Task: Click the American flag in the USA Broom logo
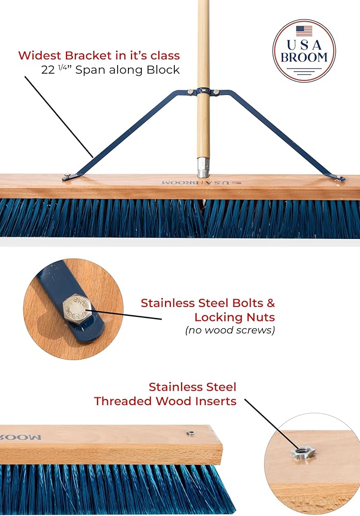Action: pyautogui.click(x=304, y=30)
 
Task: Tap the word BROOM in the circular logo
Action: pyautogui.click(x=304, y=57)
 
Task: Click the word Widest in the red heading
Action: pyautogui.click(x=38, y=55)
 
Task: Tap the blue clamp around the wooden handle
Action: pyautogui.click(x=203, y=92)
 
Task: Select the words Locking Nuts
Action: pyautogui.click(x=235, y=316)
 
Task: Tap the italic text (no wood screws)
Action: pyautogui.click(x=230, y=330)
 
